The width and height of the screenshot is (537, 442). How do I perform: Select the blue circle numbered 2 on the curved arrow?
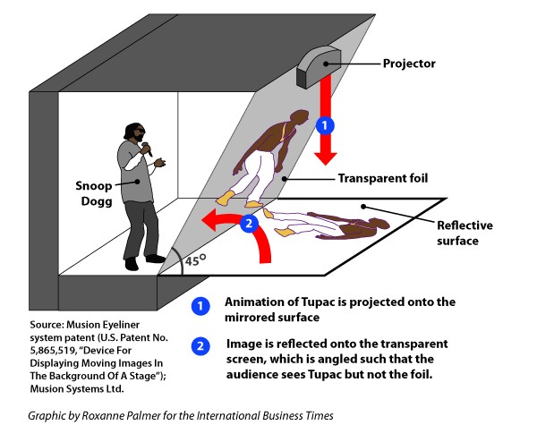250,224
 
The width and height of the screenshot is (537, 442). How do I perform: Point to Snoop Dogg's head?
132,132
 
